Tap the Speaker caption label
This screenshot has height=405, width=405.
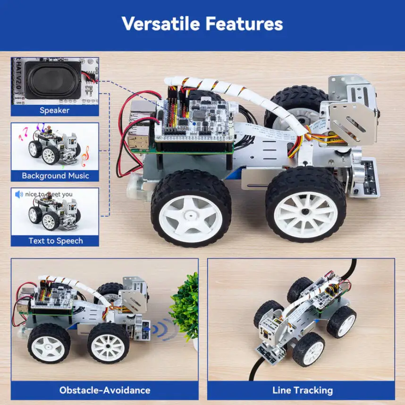click(54, 110)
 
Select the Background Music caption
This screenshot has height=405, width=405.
click(55, 176)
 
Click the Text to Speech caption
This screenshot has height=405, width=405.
click(55, 241)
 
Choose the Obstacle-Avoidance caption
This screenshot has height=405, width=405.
click(105, 390)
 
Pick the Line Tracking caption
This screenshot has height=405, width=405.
click(302, 390)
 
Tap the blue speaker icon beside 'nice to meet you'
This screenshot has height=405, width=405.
click(19, 194)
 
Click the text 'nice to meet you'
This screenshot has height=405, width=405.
click(49, 194)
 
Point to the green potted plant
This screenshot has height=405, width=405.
click(185, 304)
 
